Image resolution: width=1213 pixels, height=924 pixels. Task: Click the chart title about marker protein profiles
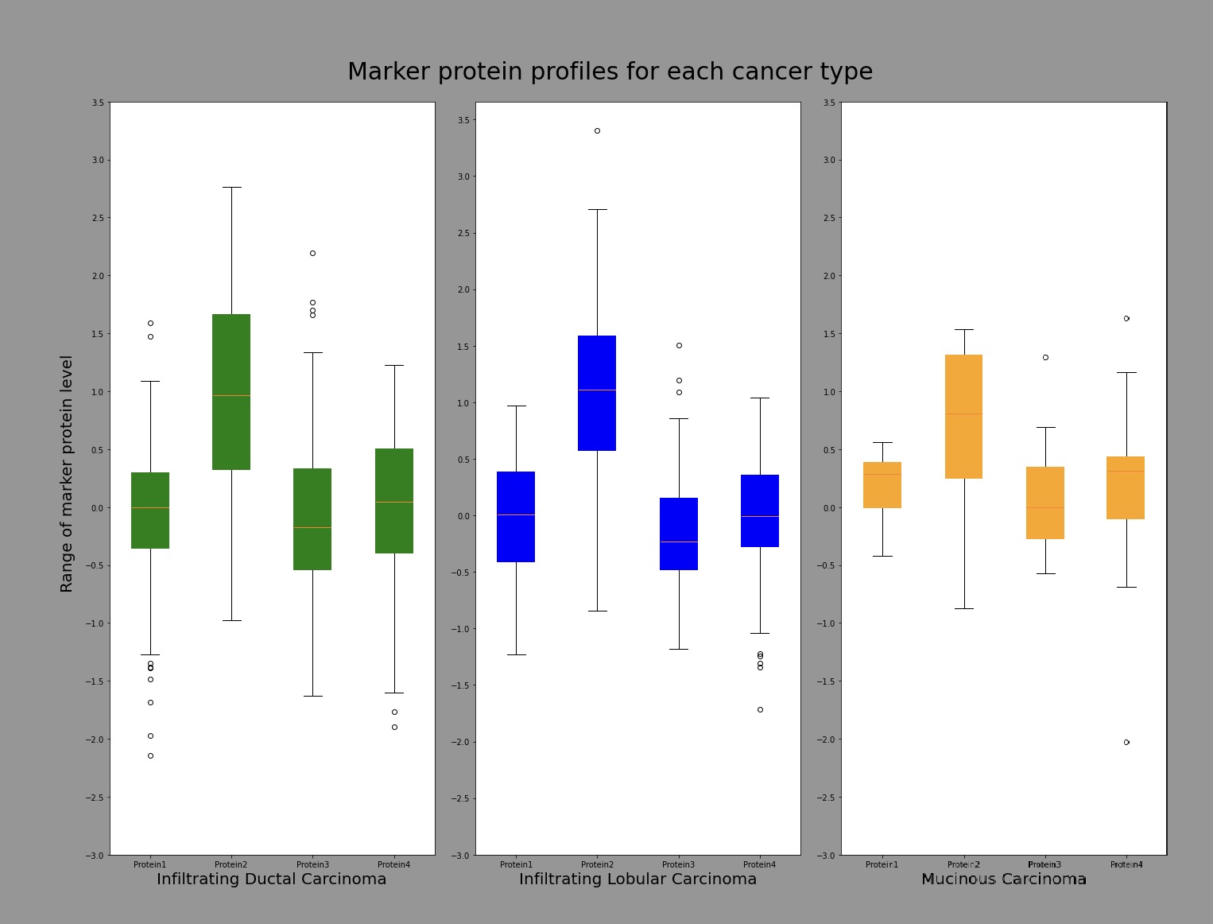click(x=610, y=72)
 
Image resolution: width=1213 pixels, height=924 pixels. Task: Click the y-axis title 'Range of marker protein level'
click(x=67, y=473)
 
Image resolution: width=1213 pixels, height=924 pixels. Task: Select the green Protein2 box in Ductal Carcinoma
click(x=231, y=391)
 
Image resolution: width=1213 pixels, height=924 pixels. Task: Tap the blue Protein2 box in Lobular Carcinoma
click(x=597, y=393)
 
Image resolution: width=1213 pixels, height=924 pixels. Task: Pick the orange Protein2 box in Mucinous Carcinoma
click(x=963, y=416)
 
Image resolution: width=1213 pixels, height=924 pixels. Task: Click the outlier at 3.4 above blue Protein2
click(x=597, y=130)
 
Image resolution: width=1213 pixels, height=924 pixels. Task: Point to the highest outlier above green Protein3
click(x=312, y=253)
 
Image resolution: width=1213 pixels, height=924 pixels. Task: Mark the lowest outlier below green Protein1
click(x=150, y=755)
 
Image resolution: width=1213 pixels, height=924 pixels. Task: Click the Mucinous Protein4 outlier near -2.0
click(x=1126, y=742)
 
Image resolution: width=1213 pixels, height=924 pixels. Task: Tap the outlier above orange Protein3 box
click(x=1045, y=357)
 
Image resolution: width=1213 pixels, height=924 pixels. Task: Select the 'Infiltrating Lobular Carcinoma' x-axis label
click(x=638, y=879)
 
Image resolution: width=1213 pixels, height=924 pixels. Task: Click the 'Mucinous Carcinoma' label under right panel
click(x=1003, y=879)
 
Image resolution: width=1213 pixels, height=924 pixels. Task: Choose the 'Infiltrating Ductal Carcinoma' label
click(x=271, y=879)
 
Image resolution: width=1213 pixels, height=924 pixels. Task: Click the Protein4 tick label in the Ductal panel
click(x=393, y=864)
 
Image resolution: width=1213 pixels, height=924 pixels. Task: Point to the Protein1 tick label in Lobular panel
click(x=516, y=864)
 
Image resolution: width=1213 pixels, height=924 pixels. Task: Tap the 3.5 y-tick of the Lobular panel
click(x=463, y=120)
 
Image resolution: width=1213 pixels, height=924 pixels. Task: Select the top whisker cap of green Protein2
click(x=231, y=187)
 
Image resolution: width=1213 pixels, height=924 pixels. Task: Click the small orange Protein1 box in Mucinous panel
click(x=882, y=484)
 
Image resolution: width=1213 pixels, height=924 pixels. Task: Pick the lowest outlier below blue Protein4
click(x=760, y=709)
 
